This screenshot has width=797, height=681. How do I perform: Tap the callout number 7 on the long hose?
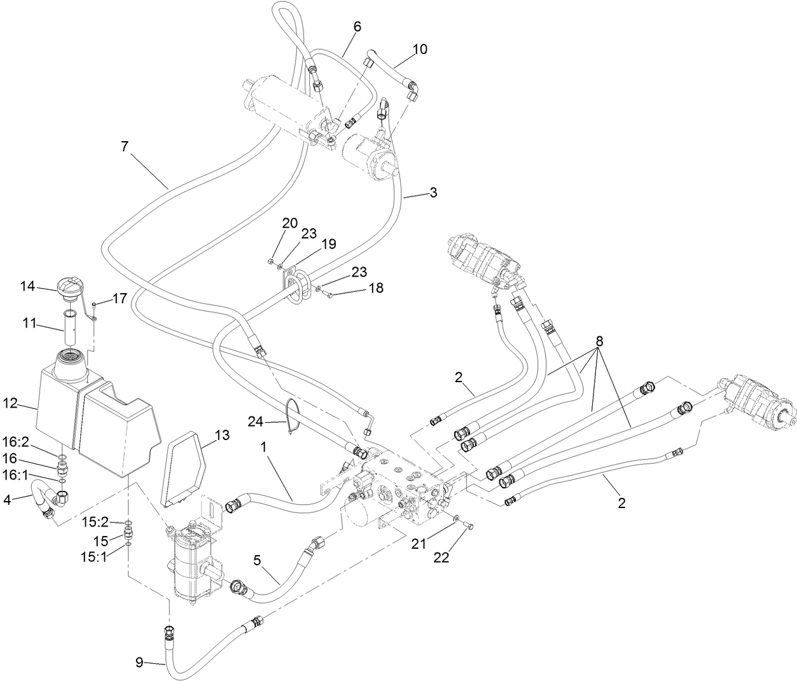(124, 146)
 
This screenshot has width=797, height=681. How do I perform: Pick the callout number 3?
(433, 192)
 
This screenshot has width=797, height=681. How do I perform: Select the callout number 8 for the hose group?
(599, 340)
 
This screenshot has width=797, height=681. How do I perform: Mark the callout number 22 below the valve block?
(441, 557)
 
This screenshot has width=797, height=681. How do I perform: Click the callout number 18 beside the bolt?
(376, 288)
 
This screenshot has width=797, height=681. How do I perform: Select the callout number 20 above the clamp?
(289, 223)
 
